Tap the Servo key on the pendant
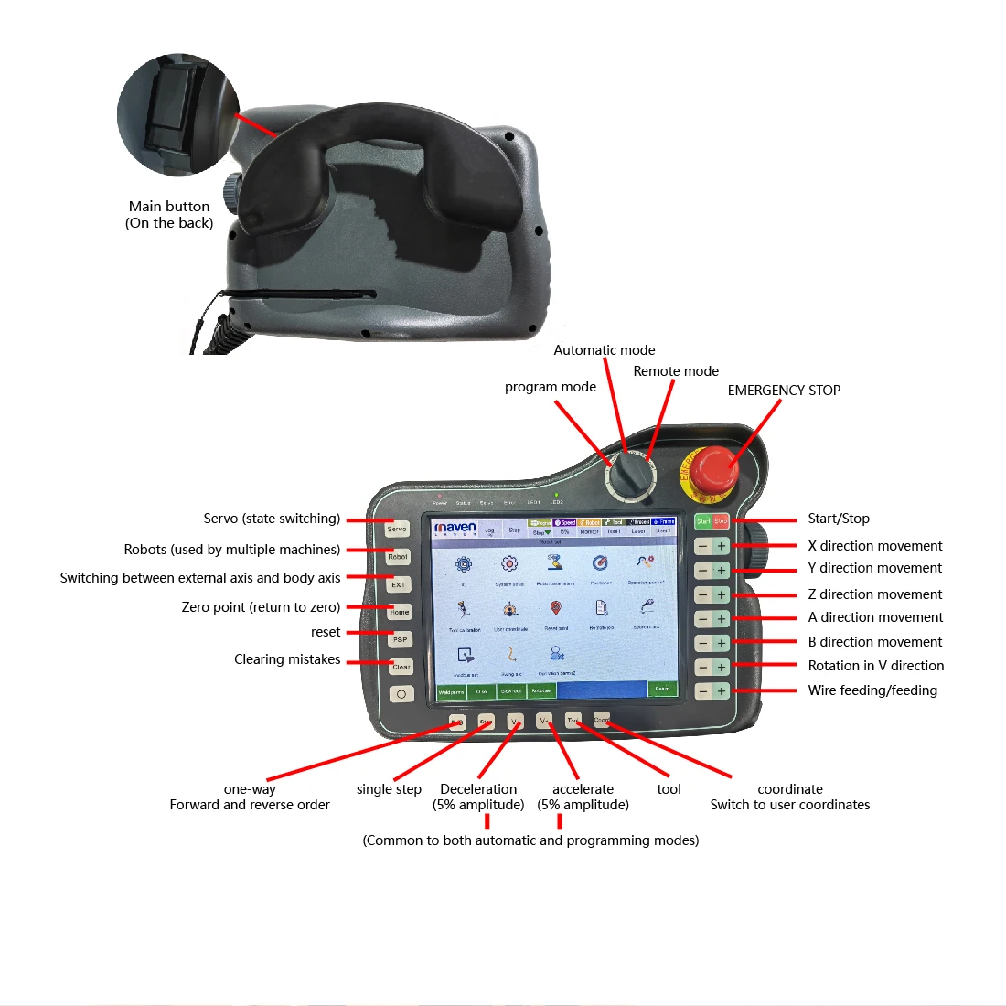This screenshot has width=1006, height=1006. tap(397, 529)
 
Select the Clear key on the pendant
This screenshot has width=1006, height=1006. tap(401, 667)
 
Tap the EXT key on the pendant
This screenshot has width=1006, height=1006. tap(398, 584)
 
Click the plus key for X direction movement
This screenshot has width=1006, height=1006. tap(721, 546)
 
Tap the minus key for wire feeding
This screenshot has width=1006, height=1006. tap(702, 691)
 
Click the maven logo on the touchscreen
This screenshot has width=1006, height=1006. tap(455, 528)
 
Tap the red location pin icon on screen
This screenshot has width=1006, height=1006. tap(555, 609)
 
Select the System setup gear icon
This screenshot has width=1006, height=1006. tap(509, 564)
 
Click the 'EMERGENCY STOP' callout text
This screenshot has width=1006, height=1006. tap(784, 391)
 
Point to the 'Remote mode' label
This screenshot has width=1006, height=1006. tap(676, 371)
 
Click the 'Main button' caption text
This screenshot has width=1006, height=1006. tap(169, 207)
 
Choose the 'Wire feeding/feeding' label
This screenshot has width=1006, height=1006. tap(872, 690)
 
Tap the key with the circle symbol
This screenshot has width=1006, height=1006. tap(401, 694)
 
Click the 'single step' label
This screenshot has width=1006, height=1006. tap(389, 789)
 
